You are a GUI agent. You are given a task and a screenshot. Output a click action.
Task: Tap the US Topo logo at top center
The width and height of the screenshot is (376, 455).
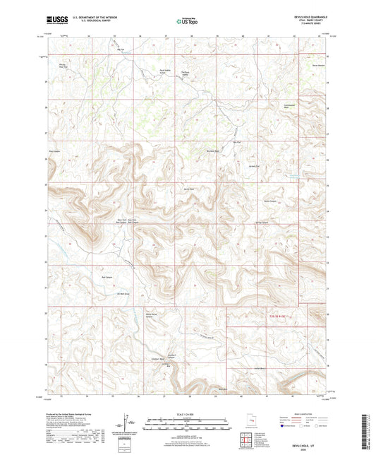pos(185,22)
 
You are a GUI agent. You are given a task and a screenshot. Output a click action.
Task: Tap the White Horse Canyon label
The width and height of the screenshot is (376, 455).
pos(150,315)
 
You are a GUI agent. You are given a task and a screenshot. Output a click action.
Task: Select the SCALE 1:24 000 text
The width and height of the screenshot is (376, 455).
pos(187,414)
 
